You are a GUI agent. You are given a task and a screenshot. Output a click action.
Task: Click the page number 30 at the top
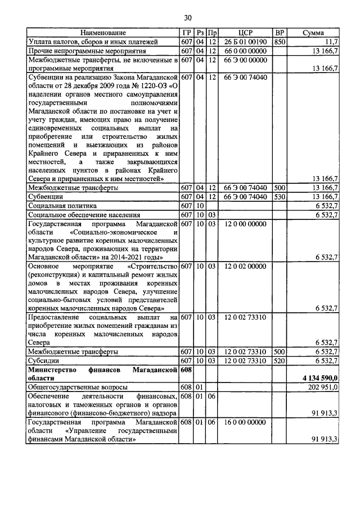pyautogui.click(x=180, y=17)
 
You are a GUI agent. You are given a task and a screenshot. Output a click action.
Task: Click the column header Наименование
pyautogui.click(x=103, y=33)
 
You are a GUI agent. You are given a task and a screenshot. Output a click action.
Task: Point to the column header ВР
pyautogui.click(x=279, y=33)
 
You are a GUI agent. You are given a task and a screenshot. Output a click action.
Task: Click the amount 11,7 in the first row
pyautogui.click(x=330, y=42)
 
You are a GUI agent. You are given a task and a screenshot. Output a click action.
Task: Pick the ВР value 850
pyautogui.click(x=279, y=42)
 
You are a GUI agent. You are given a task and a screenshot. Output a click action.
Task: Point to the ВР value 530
pyautogui.click(x=279, y=197)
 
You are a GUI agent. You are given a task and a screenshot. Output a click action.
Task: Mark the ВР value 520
pyautogui.click(x=279, y=360)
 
